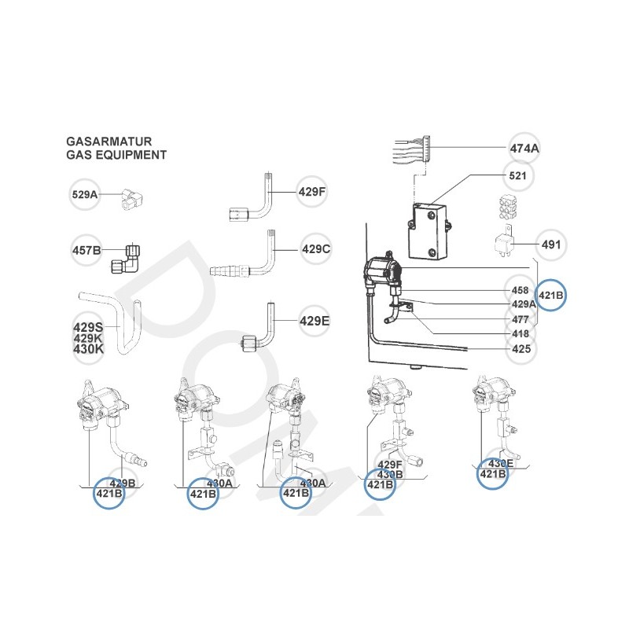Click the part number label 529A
tap(84, 193)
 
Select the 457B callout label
tap(86, 251)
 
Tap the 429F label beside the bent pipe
tap(312, 191)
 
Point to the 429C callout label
tap(315, 249)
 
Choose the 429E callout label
tap(313, 320)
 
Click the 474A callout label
tap(524, 148)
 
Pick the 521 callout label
tap(518, 175)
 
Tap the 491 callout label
tap(552, 245)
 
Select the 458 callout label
tap(520, 290)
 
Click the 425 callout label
tap(520, 348)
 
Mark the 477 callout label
tap(520, 320)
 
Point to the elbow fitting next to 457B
tap(127, 256)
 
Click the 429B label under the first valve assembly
tap(123, 483)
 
